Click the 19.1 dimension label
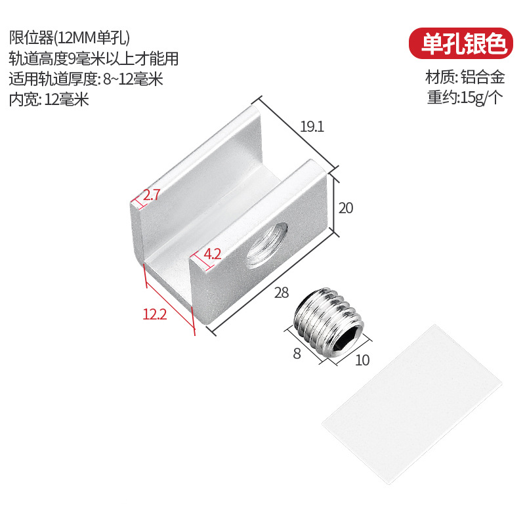312,127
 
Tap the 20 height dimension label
346,208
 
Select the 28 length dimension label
282,293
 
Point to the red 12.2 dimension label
155,314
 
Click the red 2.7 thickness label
152,194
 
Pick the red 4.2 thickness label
211,254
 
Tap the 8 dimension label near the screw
296,354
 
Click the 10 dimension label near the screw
362,360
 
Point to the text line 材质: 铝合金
465,77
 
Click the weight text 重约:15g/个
465,98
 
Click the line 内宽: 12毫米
49,100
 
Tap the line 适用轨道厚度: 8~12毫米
86,79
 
